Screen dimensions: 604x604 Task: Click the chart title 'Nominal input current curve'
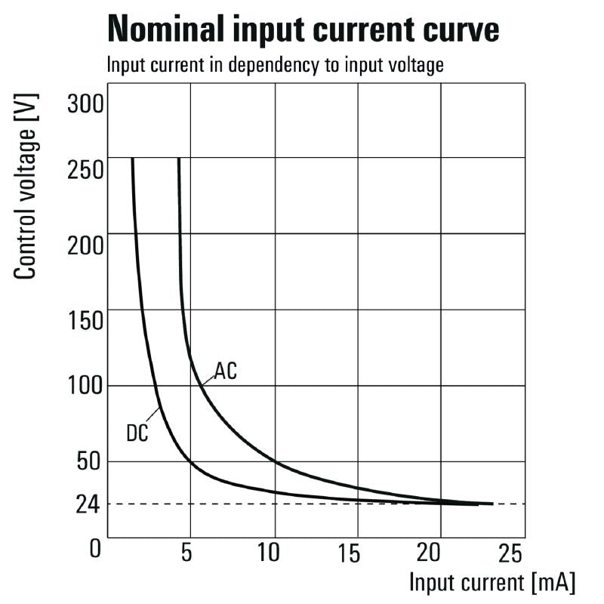pyautogui.click(x=304, y=30)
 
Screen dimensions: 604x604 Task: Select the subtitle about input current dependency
pyautogui.click(x=275, y=65)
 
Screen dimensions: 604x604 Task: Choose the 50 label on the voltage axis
pyautogui.click(x=89, y=462)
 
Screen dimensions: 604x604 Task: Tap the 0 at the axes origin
pyautogui.click(x=95, y=549)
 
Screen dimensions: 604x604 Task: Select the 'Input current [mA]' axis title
pyautogui.click(x=492, y=583)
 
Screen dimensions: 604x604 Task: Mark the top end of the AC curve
pyautogui.click(x=179, y=159)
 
